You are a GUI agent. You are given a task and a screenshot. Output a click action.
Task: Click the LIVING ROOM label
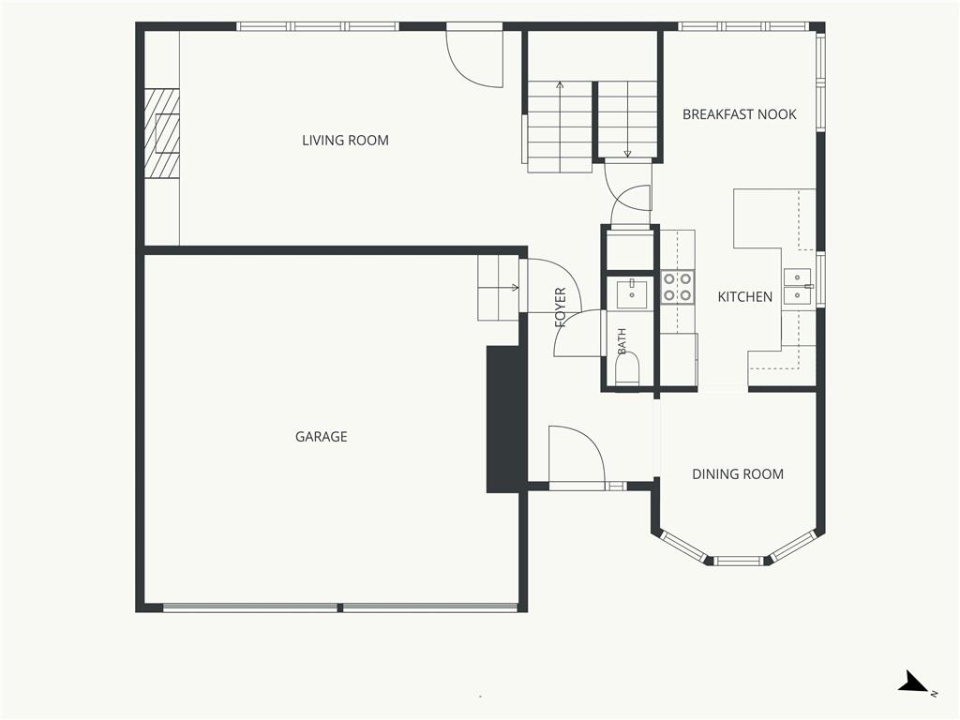click(x=345, y=141)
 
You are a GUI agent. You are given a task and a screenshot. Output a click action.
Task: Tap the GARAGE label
click(x=322, y=437)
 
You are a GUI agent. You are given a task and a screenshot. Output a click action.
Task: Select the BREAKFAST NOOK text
click(x=740, y=114)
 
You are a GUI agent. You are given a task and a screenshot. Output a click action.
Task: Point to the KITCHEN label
click(x=745, y=297)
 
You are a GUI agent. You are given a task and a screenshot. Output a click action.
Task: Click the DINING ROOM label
click(x=738, y=473)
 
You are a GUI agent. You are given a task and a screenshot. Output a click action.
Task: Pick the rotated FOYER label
click(x=561, y=307)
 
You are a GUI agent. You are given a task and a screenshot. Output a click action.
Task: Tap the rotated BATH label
click(x=622, y=341)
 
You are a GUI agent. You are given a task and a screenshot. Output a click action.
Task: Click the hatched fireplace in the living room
click(x=162, y=133)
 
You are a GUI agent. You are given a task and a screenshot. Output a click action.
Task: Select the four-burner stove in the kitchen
click(x=678, y=288)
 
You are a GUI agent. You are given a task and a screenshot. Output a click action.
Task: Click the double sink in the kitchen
click(x=798, y=287)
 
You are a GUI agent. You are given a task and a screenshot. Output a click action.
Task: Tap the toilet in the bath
click(x=627, y=369)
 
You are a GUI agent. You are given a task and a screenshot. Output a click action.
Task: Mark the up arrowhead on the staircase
click(x=560, y=85)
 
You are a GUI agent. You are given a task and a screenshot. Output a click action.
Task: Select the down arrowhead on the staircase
click(x=627, y=155)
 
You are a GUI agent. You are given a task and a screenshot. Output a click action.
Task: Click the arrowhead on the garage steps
click(x=516, y=287)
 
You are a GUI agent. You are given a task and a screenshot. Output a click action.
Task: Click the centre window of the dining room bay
click(x=741, y=561)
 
